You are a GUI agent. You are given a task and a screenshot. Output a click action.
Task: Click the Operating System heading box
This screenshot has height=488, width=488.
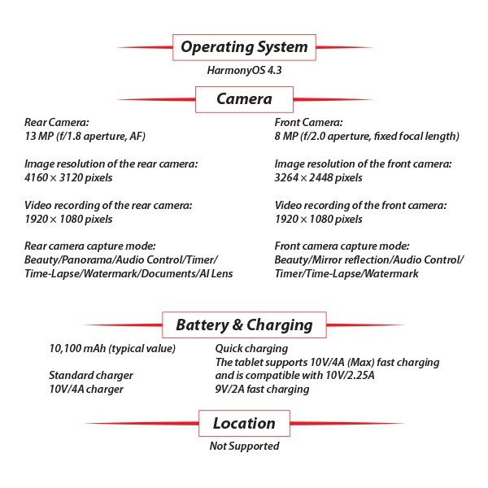click(243, 47)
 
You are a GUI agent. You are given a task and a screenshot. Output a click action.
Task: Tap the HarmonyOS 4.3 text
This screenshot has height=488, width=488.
click(243, 71)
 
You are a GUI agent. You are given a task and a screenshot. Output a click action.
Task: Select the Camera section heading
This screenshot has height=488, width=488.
click(243, 99)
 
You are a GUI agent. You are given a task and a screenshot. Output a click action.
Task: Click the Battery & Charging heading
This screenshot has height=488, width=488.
click(243, 325)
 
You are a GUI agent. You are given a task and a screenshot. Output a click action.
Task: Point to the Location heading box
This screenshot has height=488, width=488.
click(243, 423)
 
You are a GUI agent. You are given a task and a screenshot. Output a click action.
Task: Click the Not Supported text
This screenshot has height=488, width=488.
click(244, 446)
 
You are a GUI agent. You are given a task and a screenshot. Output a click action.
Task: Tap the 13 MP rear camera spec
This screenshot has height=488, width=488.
click(85, 136)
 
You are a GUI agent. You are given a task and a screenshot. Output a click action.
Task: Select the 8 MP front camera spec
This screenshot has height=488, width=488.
click(367, 136)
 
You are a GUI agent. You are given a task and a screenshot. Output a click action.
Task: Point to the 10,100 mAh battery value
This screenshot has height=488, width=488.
click(111, 349)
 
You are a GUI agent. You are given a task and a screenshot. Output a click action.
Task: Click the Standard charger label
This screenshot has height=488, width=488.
click(90, 376)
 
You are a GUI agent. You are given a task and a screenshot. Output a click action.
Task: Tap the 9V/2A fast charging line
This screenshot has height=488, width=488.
click(262, 389)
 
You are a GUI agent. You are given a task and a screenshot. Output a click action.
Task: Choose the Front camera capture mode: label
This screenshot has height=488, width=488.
click(353, 246)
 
